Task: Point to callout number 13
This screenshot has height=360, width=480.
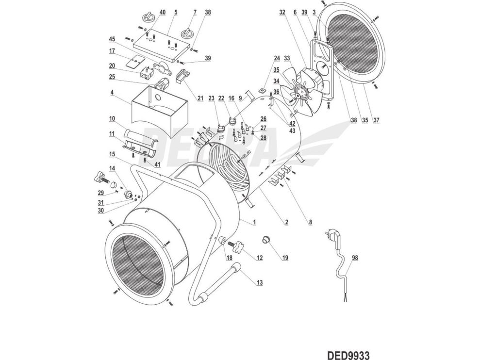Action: point(260,282)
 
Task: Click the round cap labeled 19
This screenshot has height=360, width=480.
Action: point(266,239)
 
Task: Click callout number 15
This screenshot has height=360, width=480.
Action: point(112,154)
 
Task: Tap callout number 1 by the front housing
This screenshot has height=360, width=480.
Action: point(254,222)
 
